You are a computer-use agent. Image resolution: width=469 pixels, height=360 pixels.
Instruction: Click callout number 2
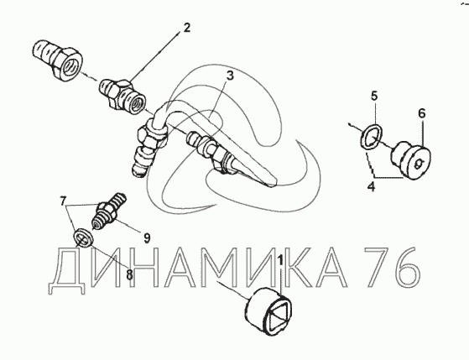point(186,28)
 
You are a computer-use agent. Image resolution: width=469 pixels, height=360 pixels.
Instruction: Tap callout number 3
point(230,76)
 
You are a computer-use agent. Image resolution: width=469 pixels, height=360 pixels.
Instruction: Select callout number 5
point(374,96)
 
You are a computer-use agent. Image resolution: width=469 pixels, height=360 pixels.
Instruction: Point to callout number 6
point(421,113)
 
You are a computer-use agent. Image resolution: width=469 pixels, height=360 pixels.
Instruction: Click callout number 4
point(371,187)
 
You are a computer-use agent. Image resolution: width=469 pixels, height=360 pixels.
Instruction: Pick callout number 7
point(62,201)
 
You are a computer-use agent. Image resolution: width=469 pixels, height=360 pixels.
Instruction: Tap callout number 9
point(147,238)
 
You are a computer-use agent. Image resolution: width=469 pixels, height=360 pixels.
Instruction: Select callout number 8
point(129,275)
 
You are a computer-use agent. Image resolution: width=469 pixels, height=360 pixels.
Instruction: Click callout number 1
point(280,260)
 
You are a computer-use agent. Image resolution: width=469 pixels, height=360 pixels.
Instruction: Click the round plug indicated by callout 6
point(411,160)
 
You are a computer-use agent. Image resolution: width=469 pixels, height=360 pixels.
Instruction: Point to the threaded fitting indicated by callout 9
point(108,211)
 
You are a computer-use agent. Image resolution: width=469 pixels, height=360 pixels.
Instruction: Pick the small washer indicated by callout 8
point(84,237)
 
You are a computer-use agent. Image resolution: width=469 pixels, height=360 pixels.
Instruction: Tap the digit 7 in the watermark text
point(378,267)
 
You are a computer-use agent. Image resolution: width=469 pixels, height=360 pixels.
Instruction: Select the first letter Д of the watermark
point(66,271)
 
